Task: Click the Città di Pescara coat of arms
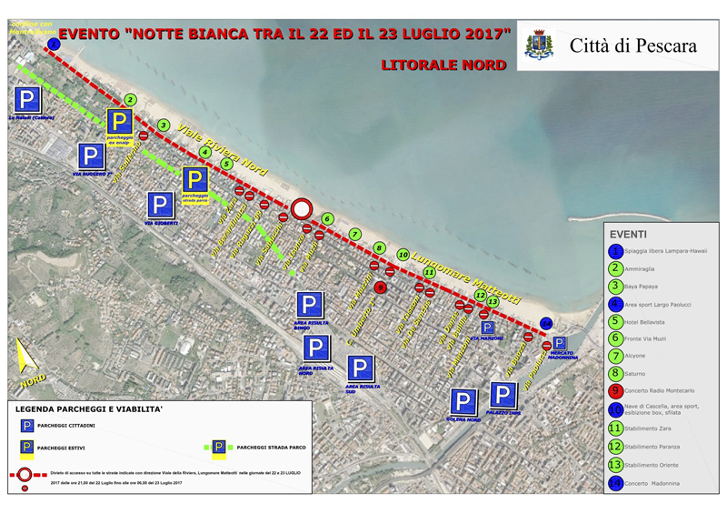[x=540, y=44]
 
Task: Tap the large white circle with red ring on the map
[x=302, y=209]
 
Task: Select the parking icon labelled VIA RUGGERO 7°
[x=91, y=156]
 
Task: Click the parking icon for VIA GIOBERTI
[x=161, y=205]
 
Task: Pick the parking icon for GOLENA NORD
[x=464, y=402]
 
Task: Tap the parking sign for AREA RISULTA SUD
[x=361, y=368]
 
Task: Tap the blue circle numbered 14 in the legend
[x=617, y=483]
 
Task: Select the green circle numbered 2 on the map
[x=131, y=100]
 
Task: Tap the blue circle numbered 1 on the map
[x=55, y=43]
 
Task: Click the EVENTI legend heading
[x=628, y=233]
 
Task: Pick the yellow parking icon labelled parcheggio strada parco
[x=194, y=180]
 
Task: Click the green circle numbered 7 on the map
[x=355, y=235]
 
